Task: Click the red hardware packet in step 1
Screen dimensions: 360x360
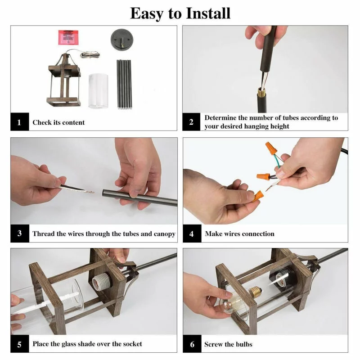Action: [x=68, y=37]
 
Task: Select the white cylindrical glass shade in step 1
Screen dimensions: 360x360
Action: [x=98, y=91]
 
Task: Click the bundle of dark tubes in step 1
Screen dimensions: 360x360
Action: [x=124, y=84]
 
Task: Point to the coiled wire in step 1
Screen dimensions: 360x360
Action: [x=90, y=54]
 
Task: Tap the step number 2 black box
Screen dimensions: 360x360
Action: [x=191, y=121]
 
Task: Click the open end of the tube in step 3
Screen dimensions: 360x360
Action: [x=104, y=193]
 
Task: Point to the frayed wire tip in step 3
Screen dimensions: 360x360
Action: [x=90, y=192]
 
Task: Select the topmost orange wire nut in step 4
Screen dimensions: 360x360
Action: [x=271, y=148]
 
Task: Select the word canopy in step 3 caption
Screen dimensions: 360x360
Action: [x=165, y=234]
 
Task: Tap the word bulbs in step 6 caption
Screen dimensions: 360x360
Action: [x=243, y=344]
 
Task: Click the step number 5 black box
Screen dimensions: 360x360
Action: [x=19, y=344]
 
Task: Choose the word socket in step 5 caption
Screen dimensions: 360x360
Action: [x=132, y=344]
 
